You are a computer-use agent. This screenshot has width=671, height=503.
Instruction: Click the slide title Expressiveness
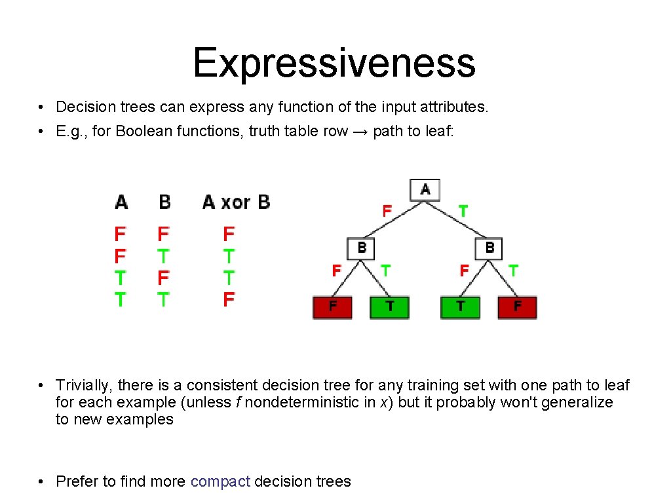click(334, 64)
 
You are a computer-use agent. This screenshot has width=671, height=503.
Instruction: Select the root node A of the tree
click(425, 190)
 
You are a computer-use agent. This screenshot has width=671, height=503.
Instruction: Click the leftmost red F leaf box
click(333, 307)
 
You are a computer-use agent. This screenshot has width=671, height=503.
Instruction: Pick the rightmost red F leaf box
click(517, 307)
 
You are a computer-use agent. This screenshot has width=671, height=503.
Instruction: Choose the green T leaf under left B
click(390, 307)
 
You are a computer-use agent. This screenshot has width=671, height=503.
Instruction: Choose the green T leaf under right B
click(461, 307)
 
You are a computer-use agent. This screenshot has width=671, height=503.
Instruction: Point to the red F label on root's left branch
click(387, 211)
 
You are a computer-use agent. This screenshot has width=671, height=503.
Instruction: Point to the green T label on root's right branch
click(463, 211)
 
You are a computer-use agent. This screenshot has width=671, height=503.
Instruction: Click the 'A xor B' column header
click(236, 202)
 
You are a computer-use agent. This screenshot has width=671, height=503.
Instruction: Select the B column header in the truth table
click(164, 202)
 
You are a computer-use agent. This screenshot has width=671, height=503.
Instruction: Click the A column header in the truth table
click(121, 202)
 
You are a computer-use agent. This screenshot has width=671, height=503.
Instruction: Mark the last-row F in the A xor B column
click(229, 300)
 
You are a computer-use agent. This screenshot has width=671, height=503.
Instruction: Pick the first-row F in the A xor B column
click(229, 234)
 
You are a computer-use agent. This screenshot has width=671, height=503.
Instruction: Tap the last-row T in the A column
click(121, 300)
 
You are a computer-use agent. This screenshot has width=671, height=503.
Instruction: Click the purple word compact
click(220, 481)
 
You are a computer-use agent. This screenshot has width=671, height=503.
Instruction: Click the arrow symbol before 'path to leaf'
click(360, 131)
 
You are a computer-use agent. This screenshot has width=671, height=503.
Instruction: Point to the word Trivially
click(83, 385)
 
